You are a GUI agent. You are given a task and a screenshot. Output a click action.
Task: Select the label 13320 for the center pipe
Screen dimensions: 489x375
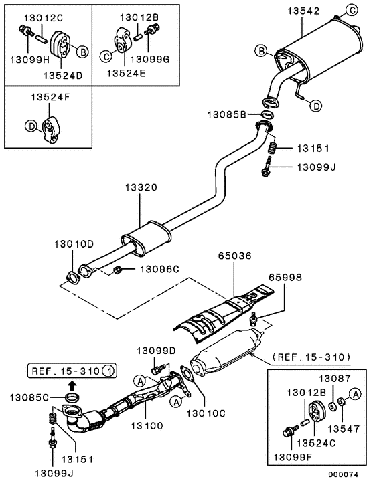(140, 189)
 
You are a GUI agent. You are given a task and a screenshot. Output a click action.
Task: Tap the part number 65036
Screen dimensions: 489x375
(234, 256)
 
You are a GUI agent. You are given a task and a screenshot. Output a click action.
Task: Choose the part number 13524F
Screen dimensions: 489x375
(49, 98)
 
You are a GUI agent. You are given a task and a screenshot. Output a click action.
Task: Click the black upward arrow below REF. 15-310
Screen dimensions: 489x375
(73, 385)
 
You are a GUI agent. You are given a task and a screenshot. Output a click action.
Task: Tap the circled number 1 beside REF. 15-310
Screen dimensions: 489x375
(110, 370)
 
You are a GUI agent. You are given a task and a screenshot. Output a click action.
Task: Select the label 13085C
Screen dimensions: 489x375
(29, 397)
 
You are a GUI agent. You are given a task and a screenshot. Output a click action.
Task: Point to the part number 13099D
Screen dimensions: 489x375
(156, 350)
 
